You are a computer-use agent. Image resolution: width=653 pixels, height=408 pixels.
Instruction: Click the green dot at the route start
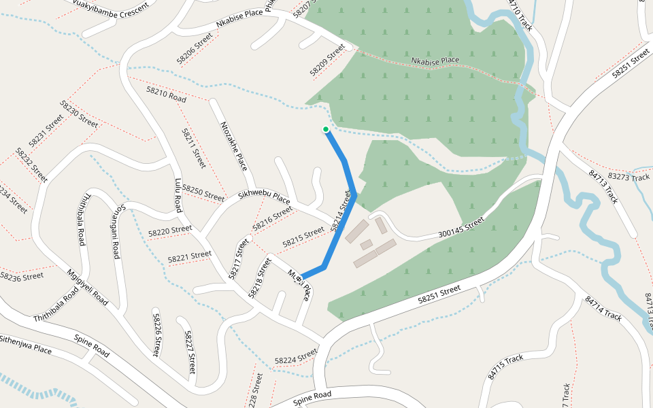[326, 129]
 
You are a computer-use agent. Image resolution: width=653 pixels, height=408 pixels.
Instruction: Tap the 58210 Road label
[166, 94]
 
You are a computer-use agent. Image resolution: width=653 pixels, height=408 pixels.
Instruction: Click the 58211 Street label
[194, 148]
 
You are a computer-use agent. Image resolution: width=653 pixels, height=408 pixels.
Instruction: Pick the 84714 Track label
[603, 307]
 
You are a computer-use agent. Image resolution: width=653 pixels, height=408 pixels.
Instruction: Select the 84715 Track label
[505, 367]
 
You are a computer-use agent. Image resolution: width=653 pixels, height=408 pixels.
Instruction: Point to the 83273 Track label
[629, 177]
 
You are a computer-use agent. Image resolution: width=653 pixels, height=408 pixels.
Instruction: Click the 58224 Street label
[296, 356]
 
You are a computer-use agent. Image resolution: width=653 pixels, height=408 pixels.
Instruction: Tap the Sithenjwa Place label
[25, 345]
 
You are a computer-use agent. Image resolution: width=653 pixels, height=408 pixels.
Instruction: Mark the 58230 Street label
[79, 114]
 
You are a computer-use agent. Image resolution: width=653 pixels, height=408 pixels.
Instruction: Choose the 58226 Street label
[156, 335]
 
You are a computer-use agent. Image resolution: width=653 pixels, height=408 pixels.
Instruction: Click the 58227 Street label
[190, 352]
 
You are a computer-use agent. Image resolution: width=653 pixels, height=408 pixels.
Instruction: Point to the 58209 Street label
[328, 60]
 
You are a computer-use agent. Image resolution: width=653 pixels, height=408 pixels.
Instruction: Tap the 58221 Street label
[190, 257]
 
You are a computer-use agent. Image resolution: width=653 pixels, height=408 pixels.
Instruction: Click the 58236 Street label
[22, 277]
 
